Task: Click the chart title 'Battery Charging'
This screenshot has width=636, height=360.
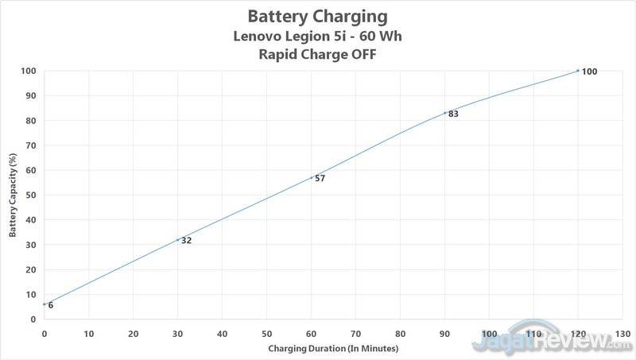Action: click(x=317, y=16)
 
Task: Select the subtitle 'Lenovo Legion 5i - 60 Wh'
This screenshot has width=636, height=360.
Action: click(x=317, y=36)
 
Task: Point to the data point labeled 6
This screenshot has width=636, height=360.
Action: click(x=45, y=304)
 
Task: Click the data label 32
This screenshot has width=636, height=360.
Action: click(x=186, y=240)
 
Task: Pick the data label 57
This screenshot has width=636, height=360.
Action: click(x=320, y=178)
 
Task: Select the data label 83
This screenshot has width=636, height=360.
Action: click(x=453, y=114)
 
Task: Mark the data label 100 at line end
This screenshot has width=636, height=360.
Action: click(x=589, y=72)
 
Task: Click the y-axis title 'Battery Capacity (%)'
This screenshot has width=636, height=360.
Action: click(x=13, y=194)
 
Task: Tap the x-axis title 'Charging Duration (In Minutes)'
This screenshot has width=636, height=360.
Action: click(x=332, y=349)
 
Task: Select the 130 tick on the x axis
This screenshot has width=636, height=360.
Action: click(x=622, y=333)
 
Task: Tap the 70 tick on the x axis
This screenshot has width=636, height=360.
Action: click(x=355, y=333)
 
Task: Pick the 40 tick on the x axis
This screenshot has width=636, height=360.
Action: click(x=222, y=333)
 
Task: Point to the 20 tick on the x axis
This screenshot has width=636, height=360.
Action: click(x=133, y=333)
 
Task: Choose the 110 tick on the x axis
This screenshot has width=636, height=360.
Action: click(x=533, y=333)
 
